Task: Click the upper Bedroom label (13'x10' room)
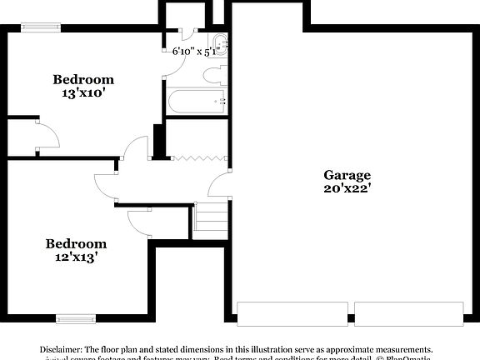click(83, 80)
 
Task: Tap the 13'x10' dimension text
click(83, 93)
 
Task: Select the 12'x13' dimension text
click(76, 257)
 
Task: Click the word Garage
click(347, 175)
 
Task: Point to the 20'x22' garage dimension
click(347, 188)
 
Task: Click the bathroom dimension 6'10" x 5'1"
click(194, 52)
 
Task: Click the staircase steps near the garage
click(212, 218)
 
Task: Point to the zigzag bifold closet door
click(198, 157)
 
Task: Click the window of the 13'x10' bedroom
click(40, 27)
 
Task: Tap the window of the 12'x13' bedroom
click(76, 317)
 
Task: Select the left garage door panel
click(292, 314)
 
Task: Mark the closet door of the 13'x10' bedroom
click(47, 135)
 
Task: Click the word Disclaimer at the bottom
click(61, 349)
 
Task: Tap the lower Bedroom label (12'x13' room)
click(76, 244)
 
